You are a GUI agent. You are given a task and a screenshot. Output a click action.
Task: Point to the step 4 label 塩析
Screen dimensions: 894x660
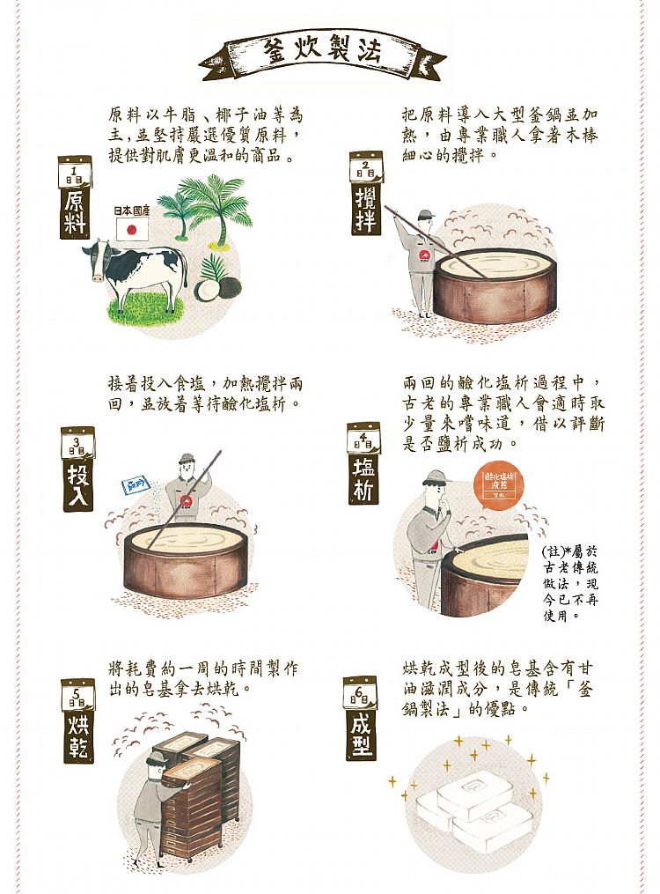[x=363, y=477]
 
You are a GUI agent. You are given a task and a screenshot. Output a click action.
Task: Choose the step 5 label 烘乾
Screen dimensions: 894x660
[x=78, y=735]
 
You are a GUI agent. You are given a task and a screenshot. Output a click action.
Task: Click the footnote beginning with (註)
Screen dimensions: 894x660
[x=571, y=581]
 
